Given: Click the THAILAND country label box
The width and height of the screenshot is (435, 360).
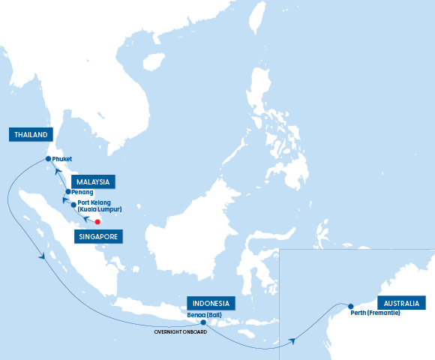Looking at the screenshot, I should (x=31, y=135).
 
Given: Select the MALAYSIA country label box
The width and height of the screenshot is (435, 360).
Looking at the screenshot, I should (x=92, y=181).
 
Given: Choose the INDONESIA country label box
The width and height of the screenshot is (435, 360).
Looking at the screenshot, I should (x=211, y=303).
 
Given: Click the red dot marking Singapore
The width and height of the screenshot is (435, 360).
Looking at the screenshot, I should (x=97, y=222).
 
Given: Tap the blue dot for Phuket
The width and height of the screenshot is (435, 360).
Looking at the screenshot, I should (x=48, y=159).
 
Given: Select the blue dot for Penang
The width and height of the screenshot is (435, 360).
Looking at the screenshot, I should (x=67, y=192).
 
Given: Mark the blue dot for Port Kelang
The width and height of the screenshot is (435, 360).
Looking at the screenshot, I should (x=73, y=204).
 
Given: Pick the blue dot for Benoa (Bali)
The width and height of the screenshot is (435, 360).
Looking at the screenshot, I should (x=203, y=322).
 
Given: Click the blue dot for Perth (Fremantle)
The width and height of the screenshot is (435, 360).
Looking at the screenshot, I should (x=350, y=305).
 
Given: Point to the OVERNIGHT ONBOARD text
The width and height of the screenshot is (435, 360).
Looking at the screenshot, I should (x=180, y=331).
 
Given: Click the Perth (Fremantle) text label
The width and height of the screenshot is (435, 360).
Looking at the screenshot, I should (x=375, y=313).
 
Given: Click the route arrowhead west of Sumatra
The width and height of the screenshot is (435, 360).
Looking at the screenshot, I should (x=43, y=257).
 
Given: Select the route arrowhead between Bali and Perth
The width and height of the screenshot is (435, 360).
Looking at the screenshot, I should (x=292, y=340).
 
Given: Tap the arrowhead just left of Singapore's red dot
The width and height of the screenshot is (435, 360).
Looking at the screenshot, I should (x=85, y=218).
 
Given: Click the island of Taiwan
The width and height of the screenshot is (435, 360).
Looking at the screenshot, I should (x=257, y=16).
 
